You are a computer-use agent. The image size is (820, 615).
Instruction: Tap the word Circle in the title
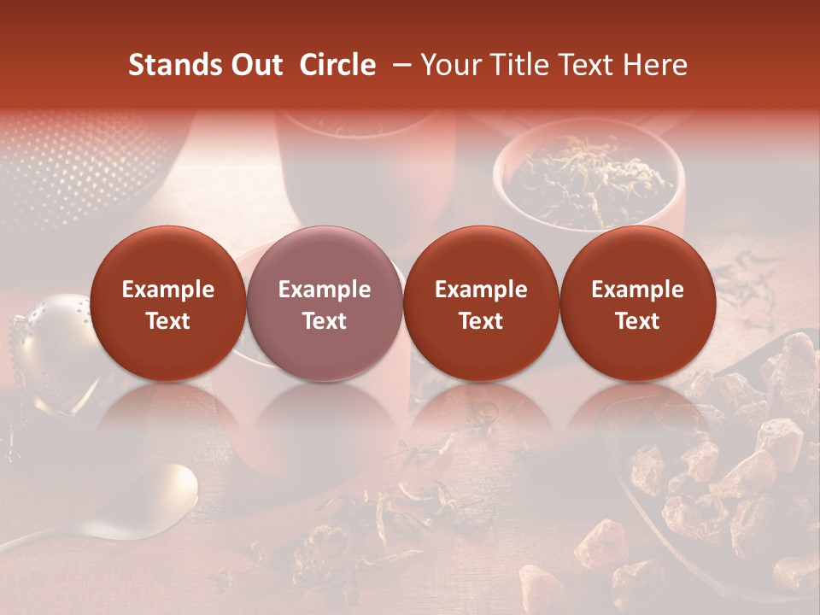337,65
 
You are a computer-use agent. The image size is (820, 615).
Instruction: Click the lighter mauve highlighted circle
324,303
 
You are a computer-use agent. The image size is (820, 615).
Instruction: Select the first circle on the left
167,303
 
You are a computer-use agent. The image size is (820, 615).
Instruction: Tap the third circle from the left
481,303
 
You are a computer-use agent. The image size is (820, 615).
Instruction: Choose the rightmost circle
637,303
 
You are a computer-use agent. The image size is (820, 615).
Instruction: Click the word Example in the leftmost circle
167,290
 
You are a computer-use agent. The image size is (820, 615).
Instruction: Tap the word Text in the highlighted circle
324,321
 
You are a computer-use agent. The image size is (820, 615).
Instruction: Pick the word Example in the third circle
481,290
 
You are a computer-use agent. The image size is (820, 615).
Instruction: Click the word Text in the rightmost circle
637,321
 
